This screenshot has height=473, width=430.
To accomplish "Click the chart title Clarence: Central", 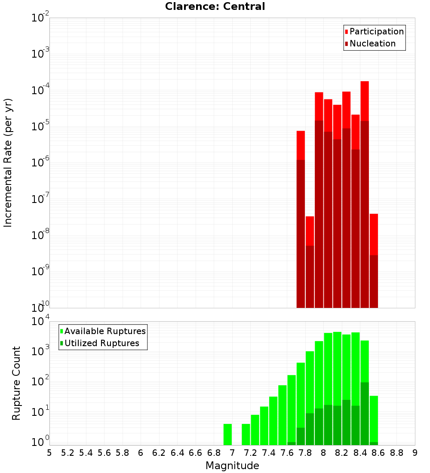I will pyautogui.click(x=215, y=6).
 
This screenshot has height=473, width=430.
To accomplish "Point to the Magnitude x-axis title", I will pyautogui.click(x=232, y=466).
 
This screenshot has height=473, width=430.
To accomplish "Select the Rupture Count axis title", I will pyautogui.click(x=16, y=383).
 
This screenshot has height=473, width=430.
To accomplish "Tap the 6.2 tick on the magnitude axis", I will pyautogui.click(x=159, y=453).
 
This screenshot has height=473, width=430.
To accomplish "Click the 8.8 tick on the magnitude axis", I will pyautogui.click(x=396, y=453).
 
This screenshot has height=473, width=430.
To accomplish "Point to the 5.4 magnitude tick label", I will pyautogui.click(x=86, y=453).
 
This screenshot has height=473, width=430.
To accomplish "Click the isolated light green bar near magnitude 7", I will pyautogui.click(x=227, y=434).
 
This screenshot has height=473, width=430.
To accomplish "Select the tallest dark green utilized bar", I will pyautogui.click(x=365, y=413).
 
